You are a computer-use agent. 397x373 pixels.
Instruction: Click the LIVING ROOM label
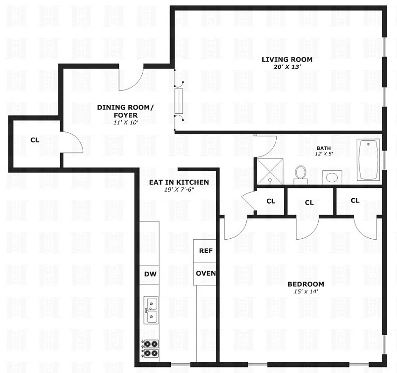(x=286, y=60)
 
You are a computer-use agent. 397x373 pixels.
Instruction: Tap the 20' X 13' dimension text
(x=286, y=67)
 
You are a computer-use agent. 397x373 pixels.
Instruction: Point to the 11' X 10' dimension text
(x=125, y=122)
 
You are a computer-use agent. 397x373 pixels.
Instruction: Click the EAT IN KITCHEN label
(x=179, y=182)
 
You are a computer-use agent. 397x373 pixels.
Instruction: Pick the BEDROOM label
(x=306, y=284)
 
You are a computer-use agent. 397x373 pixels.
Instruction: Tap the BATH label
(x=324, y=148)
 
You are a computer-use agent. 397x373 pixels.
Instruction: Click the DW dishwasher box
(x=150, y=274)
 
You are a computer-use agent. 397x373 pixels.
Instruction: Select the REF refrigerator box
(x=206, y=251)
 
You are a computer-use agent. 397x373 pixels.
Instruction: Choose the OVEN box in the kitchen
(x=206, y=273)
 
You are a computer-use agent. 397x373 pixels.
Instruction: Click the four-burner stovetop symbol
(x=150, y=348)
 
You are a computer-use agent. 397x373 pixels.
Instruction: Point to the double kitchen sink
(x=151, y=310)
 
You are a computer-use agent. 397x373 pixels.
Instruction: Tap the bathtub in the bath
(x=369, y=159)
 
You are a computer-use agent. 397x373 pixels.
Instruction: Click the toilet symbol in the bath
(x=300, y=174)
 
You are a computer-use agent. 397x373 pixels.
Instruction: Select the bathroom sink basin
(x=332, y=177)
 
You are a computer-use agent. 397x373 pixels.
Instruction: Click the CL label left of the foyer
(x=35, y=139)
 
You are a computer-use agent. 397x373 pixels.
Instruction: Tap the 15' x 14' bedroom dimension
(x=306, y=291)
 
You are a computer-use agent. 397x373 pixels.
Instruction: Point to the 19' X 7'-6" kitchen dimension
(x=179, y=190)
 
